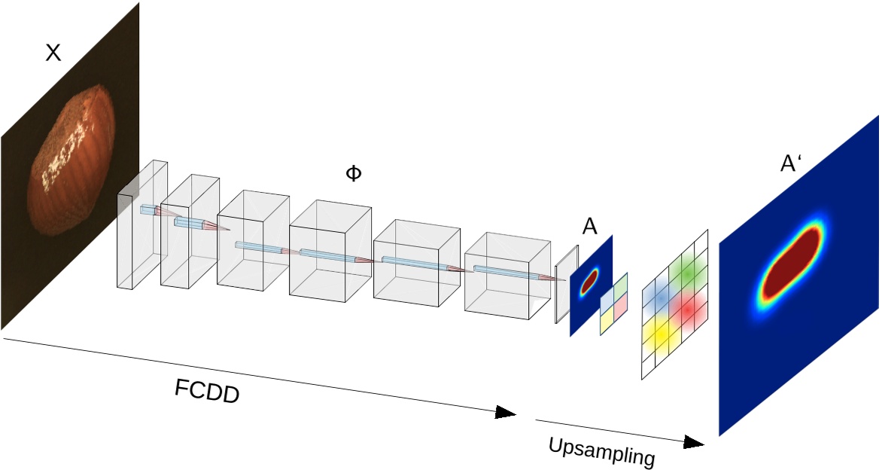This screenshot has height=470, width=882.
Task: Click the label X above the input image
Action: pyautogui.click(x=53, y=53)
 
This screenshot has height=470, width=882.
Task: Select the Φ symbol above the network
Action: pyautogui.click(x=353, y=173)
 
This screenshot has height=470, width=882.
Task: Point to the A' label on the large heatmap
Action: pyautogui.click(x=790, y=164)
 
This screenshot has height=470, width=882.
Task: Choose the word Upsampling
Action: pyautogui.click(x=601, y=451)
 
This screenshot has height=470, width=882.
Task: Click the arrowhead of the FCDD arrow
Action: pyautogui.click(x=506, y=413)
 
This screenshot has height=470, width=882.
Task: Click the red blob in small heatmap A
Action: pyautogui.click(x=589, y=279)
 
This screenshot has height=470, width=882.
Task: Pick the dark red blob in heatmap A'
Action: pyautogui.click(x=789, y=264)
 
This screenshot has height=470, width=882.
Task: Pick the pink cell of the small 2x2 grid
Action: pyautogui.click(x=620, y=305)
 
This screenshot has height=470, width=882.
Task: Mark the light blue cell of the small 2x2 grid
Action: pyautogui.click(x=607, y=301)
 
